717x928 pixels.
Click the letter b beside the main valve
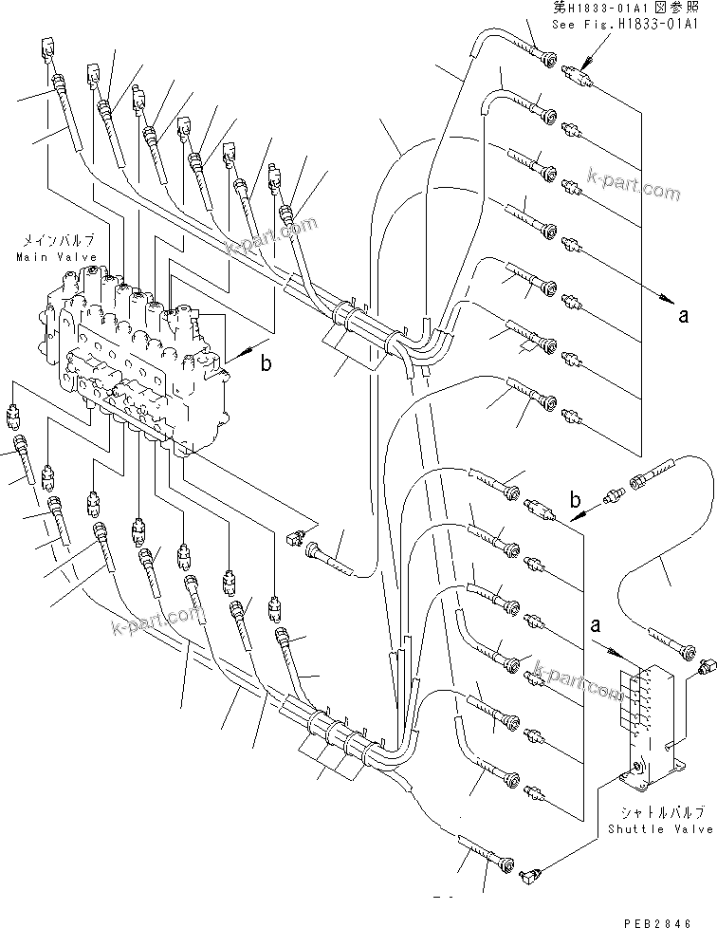(x=267, y=363)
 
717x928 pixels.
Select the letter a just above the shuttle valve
(x=596, y=626)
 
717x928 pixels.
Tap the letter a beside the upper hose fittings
(x=683, y=318)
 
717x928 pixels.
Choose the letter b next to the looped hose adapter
(x=576, y=499)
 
